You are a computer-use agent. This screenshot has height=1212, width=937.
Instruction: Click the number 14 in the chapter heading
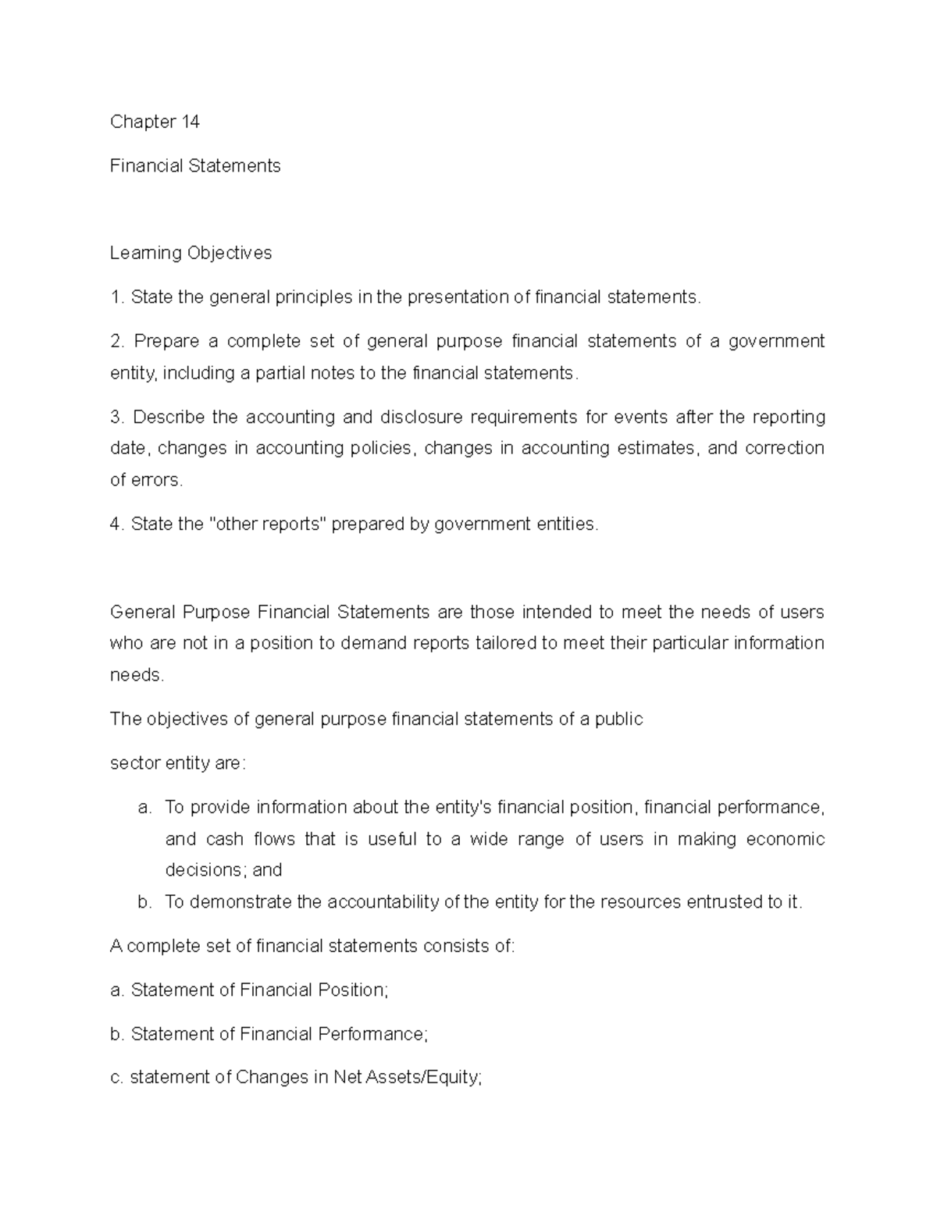click(191, 122)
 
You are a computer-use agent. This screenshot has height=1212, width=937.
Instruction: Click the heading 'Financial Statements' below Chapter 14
click(195, 165)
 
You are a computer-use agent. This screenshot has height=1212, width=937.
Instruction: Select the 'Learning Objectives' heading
click(191, 253)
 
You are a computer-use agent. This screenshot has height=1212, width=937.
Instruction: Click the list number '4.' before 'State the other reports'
click(117, 524)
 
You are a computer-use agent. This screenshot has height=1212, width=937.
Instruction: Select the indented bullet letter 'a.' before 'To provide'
click(144, 808)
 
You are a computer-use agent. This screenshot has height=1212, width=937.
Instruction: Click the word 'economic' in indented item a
click(785, 839)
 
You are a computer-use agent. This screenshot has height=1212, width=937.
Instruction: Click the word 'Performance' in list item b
click(372, 1034)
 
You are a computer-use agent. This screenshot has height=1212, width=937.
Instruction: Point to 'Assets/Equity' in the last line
click(429, 1078)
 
